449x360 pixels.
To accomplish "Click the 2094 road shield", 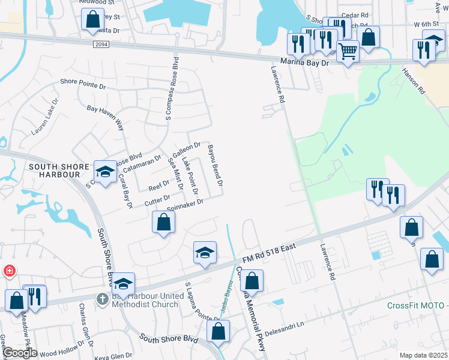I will [103, 44].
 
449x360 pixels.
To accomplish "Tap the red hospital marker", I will [9, 271].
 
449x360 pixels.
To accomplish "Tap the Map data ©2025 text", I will [424, 355].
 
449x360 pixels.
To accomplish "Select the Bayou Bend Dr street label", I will [214, 164].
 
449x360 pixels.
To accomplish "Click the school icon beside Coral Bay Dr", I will [105, 172].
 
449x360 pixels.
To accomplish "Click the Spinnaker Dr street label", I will [185, 205].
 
